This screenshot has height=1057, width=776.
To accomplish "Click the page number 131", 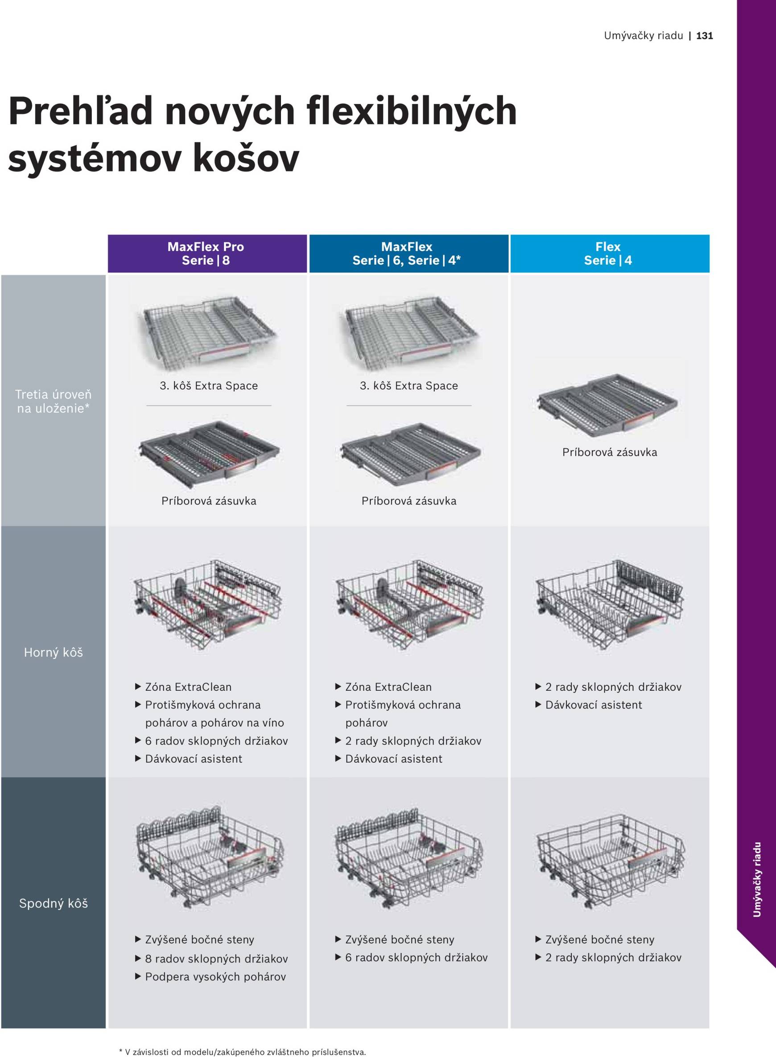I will (x=704, y=36).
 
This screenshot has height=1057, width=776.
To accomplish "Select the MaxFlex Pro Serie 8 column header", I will (x=206, y=254).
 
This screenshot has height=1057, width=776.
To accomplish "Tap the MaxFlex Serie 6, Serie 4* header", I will (x=407, y=254).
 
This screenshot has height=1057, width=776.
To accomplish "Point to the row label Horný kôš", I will (x=53, y=652).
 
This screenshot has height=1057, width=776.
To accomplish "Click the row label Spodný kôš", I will (x=53, y=904).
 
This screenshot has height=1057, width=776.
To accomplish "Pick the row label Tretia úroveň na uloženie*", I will (x=53, y=401).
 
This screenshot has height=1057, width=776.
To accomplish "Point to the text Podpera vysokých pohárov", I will (x=215, y=977).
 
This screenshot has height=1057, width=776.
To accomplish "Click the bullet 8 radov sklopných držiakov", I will (x=216, y=959).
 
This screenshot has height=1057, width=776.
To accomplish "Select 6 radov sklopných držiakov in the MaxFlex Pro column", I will (x=216, y=741).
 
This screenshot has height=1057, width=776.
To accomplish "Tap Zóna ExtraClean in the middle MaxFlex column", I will (x=388, y=687).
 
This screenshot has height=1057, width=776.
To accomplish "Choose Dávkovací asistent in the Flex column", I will (x=593, y=705).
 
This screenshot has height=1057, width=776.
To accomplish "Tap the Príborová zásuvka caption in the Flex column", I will (x=609, y=452).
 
